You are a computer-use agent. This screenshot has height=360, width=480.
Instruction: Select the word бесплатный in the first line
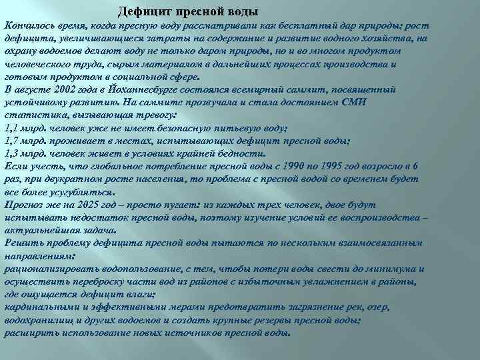317,25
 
